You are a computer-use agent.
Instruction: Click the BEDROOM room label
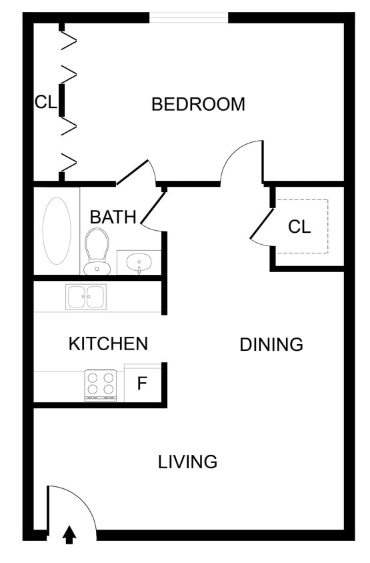198,105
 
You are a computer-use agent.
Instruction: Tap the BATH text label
113,217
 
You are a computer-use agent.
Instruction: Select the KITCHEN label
108,344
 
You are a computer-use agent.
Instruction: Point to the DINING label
271,345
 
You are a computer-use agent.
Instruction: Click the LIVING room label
187,462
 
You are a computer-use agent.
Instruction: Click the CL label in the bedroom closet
46,102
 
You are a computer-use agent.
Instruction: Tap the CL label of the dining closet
299,227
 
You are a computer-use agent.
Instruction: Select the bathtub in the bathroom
57,230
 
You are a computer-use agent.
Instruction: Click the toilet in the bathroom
97,251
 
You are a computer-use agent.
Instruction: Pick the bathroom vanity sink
139,262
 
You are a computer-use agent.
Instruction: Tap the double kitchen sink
86,296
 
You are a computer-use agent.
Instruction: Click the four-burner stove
100,385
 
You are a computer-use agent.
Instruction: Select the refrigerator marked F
142,384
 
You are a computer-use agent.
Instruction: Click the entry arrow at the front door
69,535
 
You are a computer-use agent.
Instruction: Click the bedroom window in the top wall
189,17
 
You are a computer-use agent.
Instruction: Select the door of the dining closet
262,224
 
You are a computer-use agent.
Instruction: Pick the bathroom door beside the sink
153,209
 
